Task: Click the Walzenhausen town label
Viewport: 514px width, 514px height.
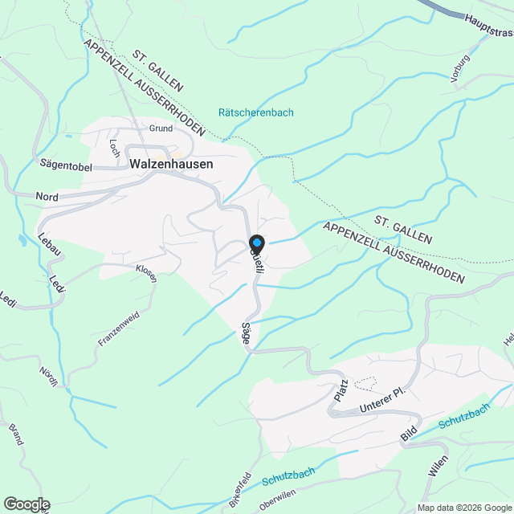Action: tap(171, 163)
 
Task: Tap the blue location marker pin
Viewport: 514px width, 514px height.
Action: tap(256, 243)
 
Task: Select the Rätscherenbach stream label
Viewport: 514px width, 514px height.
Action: tap(256, 112)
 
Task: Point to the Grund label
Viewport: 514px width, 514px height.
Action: tap(161, 128)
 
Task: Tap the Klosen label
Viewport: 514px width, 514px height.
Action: tap(146, 273)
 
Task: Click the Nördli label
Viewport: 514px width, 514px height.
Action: tap(49, 377)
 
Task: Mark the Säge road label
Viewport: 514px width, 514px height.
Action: tap(247, 334)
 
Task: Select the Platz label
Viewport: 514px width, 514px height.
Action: tap(341, 391)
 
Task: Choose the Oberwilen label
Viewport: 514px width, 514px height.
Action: tap(278, 500)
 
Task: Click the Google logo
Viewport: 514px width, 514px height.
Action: tap(26, 504)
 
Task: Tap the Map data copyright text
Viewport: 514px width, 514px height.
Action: tap(463, 508)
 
